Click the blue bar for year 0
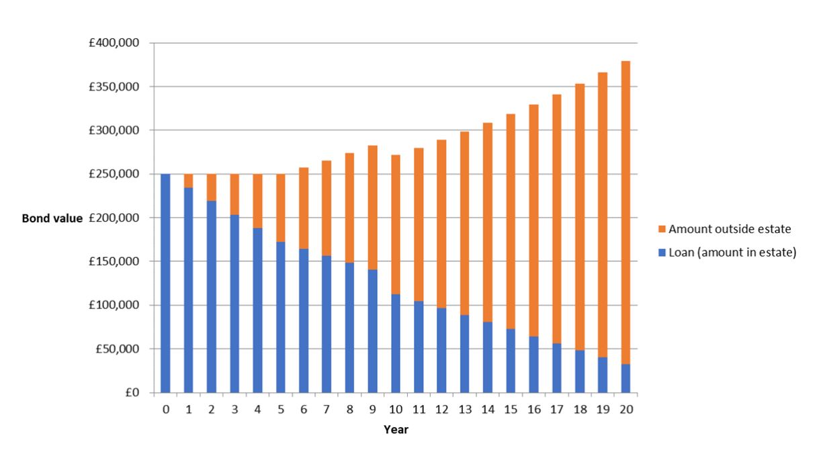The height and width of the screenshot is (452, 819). point(165,283)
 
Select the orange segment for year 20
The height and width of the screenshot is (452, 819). point(626,212)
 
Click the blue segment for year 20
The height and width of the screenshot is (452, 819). point(626,378)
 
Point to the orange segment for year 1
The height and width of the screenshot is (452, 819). point(189,181)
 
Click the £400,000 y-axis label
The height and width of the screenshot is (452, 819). point(118,44)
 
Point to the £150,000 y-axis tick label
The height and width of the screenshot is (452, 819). point(118,262)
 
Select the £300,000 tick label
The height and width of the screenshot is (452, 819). point(118,131)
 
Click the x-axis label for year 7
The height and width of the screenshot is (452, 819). point(327,409)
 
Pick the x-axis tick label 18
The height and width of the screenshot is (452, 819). point(580,409)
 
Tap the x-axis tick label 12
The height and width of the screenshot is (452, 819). point(441,409)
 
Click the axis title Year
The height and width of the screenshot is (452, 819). point(396,430)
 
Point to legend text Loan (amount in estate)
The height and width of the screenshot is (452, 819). point(733,252)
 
